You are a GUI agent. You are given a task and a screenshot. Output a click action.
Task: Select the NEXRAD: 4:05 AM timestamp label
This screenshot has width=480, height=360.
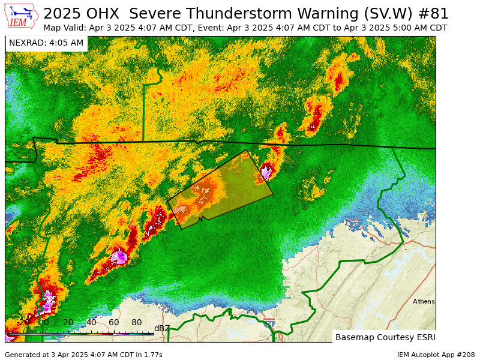(x=46, y=43)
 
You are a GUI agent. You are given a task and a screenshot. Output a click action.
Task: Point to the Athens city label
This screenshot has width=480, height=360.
(x=424, y=301)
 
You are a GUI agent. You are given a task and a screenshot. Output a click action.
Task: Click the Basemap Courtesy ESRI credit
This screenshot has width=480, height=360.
(x=385, y=337)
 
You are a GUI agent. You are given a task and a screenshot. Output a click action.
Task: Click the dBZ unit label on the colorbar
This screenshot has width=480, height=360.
(x=162, y=328)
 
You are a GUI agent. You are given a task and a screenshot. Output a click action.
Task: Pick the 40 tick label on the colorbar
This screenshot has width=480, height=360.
(x=91, y=323)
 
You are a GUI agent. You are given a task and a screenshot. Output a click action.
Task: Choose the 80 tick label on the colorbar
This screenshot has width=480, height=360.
(x=137, y=323)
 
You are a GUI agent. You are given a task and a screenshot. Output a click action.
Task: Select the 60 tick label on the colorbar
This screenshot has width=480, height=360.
(x=114, y=323)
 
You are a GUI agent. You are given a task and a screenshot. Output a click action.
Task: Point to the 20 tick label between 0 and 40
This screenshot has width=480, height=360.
(x=68, y=323)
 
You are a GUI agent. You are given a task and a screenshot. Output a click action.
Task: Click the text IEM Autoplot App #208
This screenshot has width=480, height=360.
(x=436, y=355)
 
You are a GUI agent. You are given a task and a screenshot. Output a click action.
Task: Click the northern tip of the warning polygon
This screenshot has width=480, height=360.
(x=246, y=150)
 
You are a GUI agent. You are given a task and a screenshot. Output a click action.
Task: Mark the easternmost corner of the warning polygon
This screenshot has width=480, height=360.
(x=273, y=194)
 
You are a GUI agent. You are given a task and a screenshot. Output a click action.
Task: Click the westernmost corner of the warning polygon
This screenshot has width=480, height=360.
(x=167, y=200)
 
